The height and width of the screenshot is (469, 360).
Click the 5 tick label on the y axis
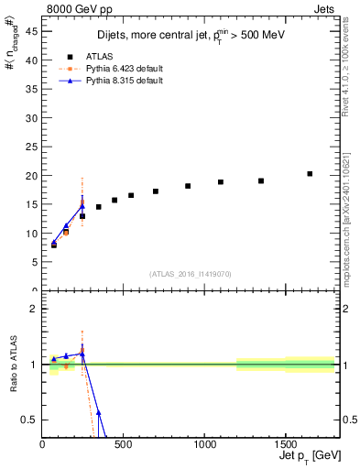coord(35,262)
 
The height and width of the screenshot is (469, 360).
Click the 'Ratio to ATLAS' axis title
coord(12,364)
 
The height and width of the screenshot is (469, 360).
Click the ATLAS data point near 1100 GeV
coord(221,182)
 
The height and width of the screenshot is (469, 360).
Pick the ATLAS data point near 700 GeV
coord(156,191)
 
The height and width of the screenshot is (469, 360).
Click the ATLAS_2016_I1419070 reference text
coord(190,274)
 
